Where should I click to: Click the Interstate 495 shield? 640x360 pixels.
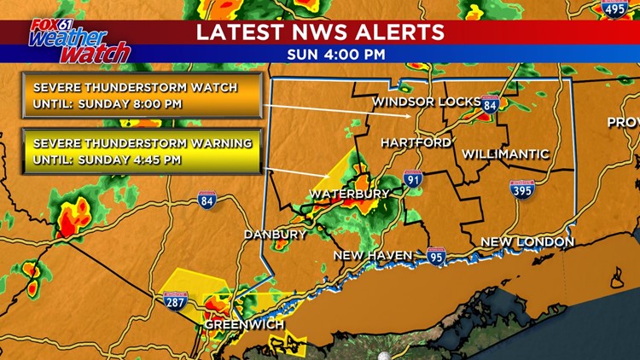tap(614, 8)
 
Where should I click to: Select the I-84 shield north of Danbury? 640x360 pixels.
tap(207, 200)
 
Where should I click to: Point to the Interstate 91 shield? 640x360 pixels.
tap(413, 179)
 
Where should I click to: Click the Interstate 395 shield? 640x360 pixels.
tap(522, 189)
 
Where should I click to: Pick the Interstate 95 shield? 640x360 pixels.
tap(436, 256)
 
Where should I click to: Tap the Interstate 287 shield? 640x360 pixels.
tap(176, 300)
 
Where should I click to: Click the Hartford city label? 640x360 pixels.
tap(416, 142)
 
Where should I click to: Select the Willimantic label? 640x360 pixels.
tap(504, 154)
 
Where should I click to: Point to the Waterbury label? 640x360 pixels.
tap(349, 195)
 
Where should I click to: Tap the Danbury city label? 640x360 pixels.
tap(275, 234)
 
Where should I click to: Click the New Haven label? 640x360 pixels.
tap(373, 255)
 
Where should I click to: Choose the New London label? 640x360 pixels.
tap(527, 242)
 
